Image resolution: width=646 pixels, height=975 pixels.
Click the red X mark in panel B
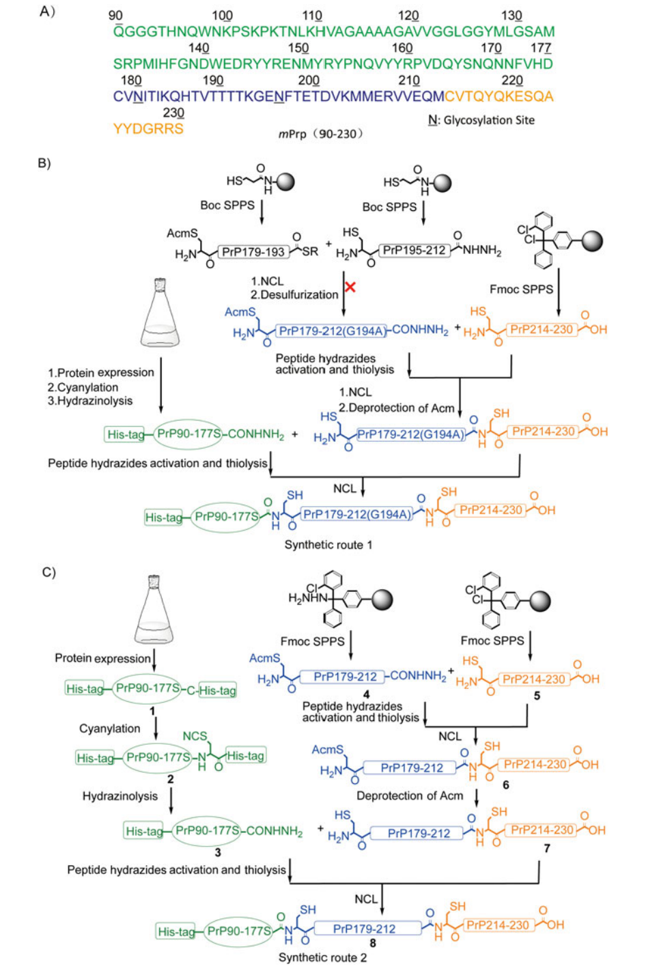[350, 287]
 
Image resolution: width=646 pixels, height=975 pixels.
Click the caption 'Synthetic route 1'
[328, 545]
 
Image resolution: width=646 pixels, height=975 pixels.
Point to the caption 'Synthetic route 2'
[322, 958]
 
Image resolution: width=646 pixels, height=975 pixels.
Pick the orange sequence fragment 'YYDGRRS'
[148, 128]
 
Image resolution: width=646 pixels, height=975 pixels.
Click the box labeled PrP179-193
[253, 252]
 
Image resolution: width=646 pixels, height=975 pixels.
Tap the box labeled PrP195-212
[414, 251]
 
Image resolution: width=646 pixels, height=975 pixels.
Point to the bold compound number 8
[372, 943]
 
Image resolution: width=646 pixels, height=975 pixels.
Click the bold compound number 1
[152, 711]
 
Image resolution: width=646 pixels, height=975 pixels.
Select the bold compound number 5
[537, 696]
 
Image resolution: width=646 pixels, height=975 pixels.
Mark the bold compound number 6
[506, 785]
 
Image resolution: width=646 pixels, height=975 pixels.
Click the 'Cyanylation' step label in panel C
[109, 729]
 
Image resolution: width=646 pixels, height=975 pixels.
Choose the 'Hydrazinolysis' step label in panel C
[120, 796]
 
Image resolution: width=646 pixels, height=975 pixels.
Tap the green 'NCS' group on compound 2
[195, 736]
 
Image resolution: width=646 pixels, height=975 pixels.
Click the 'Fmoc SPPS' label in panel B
[521, 289]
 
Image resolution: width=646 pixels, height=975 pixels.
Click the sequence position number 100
[222, 16]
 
